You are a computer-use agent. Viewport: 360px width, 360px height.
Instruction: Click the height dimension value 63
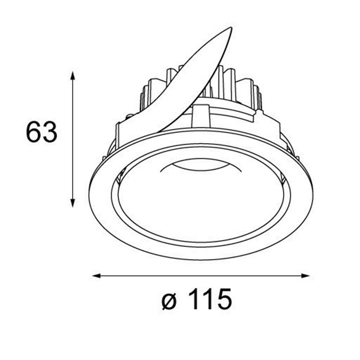tap(41, 132)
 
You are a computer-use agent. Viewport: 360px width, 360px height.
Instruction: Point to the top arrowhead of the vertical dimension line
tap(73, 75)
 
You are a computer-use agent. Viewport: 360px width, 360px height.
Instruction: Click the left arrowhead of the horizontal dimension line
tap(96, 276)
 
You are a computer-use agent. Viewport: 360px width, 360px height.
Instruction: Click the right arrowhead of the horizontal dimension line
tap(306, 276)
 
